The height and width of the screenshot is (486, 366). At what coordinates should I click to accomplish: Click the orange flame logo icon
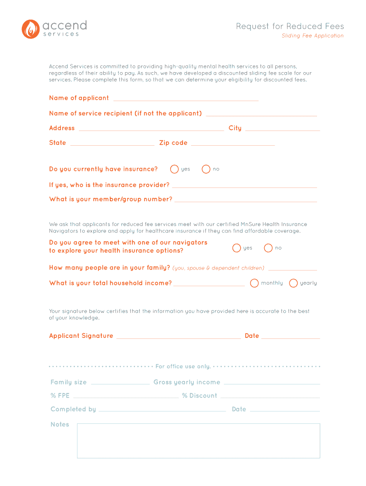click(x=30, y=28)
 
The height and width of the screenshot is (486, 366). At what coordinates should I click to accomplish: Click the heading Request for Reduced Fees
click(x=289, y=27)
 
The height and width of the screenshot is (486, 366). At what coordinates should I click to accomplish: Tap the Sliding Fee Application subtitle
click(x=312, y=36)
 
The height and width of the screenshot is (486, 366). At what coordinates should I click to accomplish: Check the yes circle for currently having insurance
click(x=174, y=169)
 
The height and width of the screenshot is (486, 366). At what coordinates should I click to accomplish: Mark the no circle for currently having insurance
click(x=206, y=169)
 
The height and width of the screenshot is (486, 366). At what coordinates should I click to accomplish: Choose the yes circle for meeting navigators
click(x=236, y=248)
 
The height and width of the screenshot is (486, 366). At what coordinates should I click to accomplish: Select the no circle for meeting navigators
click(x=268, y=248)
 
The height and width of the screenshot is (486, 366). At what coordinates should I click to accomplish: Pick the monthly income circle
click(x=254, y=283)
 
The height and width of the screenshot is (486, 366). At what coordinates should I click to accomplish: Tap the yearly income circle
click(x=293, y=283)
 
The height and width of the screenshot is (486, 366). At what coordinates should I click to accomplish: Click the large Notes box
click(x=198, y=441)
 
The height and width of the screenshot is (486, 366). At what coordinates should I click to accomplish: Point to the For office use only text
click(x=183, y=366)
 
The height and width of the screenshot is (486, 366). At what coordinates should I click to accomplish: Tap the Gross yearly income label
click(x=187, y=383)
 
